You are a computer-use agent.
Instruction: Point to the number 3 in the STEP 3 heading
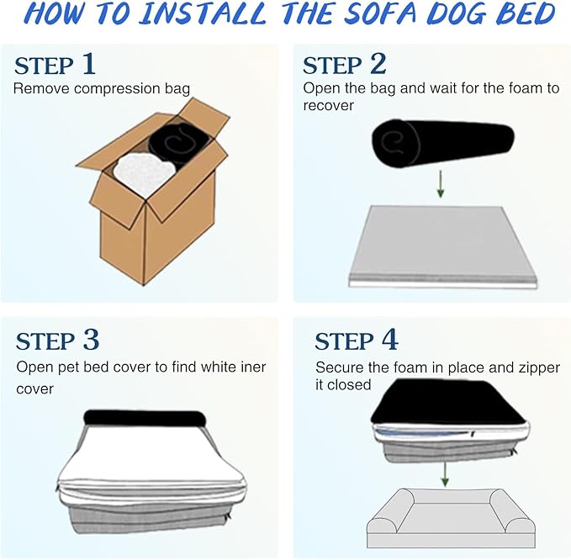[91, 340]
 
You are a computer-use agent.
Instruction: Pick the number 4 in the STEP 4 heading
[389, 340]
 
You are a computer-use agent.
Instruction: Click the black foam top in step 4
[445, 401]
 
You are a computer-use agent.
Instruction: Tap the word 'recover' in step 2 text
[330, 106]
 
